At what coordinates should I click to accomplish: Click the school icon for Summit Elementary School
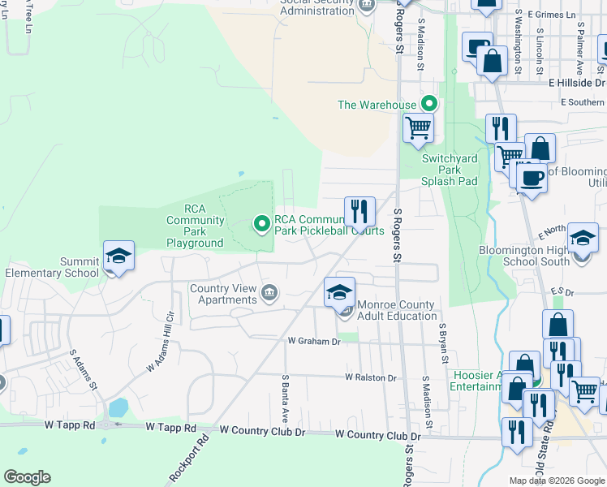click(x=118, y=256)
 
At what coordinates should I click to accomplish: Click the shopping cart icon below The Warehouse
click(x=418, y=127)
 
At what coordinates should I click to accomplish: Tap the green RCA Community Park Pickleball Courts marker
click(x=262, y=223)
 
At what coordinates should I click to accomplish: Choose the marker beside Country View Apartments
click(x=269, y=292)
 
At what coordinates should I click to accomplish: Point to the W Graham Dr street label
click(x=313, y=342)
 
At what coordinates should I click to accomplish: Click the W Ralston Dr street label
click(x=370, y=377)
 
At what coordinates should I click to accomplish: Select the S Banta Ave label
click(x=286, y=398)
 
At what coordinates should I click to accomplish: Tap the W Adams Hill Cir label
click(x=161, y=342)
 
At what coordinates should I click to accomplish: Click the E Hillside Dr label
click(x=576, y=83)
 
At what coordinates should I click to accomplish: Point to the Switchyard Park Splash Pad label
click(x=450, y=170)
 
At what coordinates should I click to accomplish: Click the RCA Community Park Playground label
click(x=195, y=226)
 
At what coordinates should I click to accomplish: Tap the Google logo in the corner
click(x=27, y=477)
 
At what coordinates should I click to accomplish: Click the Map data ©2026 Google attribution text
click(x=557, y=481)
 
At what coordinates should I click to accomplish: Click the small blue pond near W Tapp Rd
click(x=118, y=406)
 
